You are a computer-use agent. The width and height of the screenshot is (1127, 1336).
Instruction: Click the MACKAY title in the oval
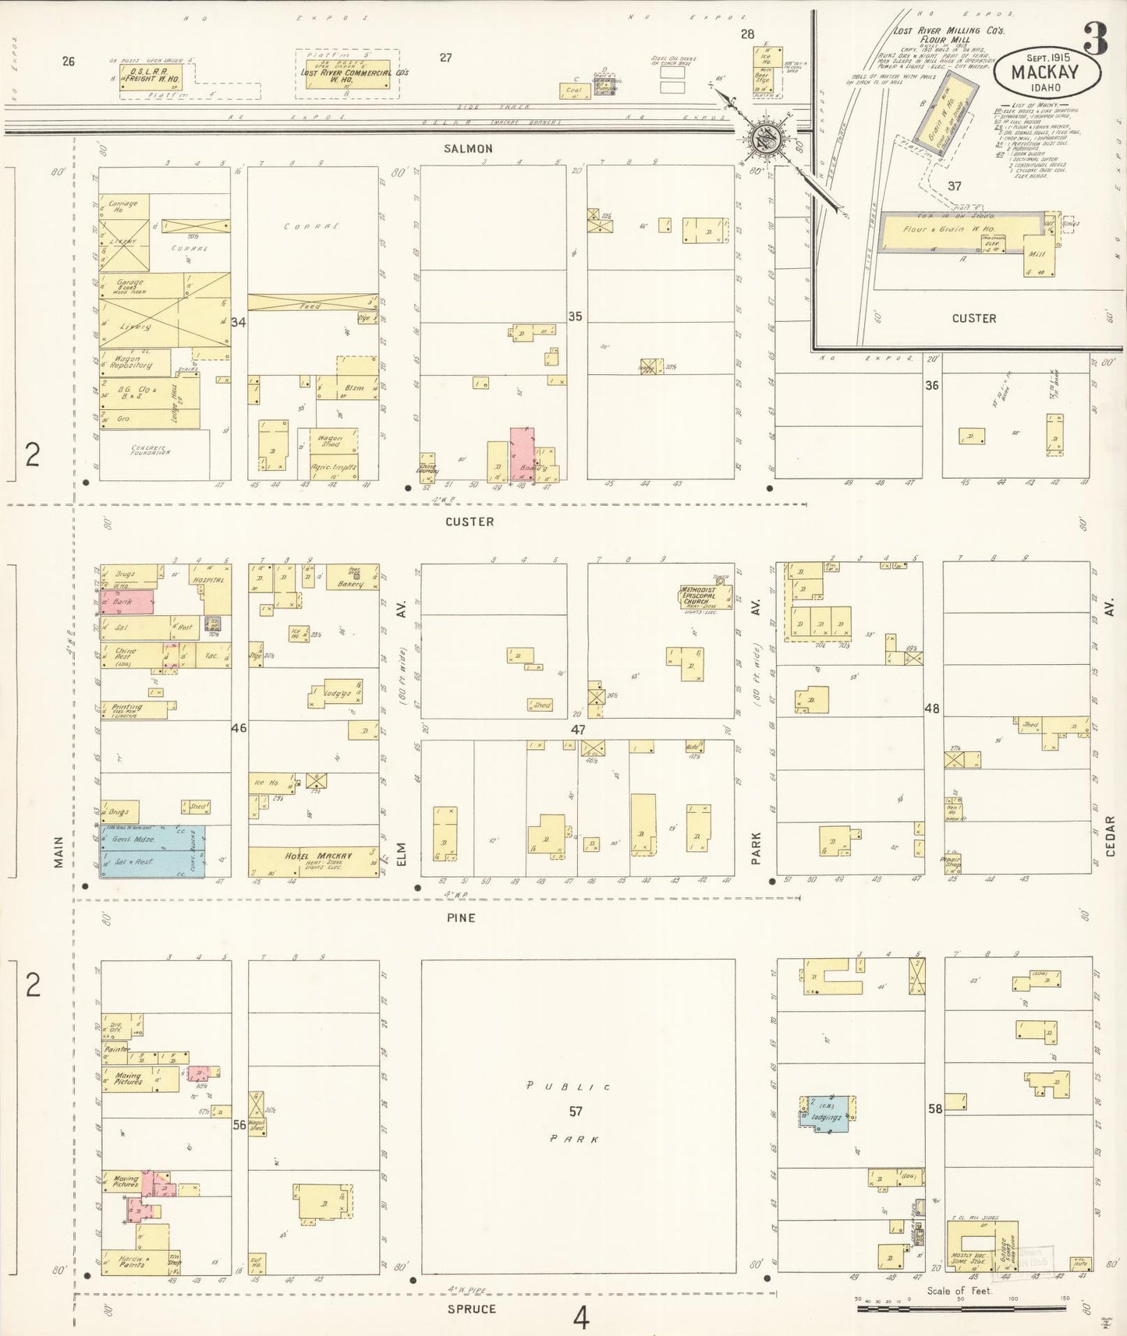click(x=1045, y=72)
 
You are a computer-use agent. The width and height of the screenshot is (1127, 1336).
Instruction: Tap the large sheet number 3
click(x=1095, y=39)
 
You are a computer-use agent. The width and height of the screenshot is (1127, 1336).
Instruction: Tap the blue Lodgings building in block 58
click(x=825, y=1116)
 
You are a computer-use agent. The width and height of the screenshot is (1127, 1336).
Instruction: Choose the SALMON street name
click(x=468, y=149)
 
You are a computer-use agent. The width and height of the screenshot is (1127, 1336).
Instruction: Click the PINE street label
click(x=461, y=917)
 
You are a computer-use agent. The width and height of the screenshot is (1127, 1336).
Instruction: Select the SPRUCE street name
click(x=471, y=1309)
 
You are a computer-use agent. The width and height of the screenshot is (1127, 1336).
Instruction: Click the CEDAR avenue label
click(x=1110, y=836)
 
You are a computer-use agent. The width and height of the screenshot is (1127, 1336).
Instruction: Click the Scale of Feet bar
click(x=960, y=1309)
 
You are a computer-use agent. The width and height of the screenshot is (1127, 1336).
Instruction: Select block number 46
click(x=239, y=727)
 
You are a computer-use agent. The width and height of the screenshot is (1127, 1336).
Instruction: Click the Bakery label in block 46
click(x=350, y=583)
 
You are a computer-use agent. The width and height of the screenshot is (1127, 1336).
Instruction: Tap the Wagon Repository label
click(x=131, y=362)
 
